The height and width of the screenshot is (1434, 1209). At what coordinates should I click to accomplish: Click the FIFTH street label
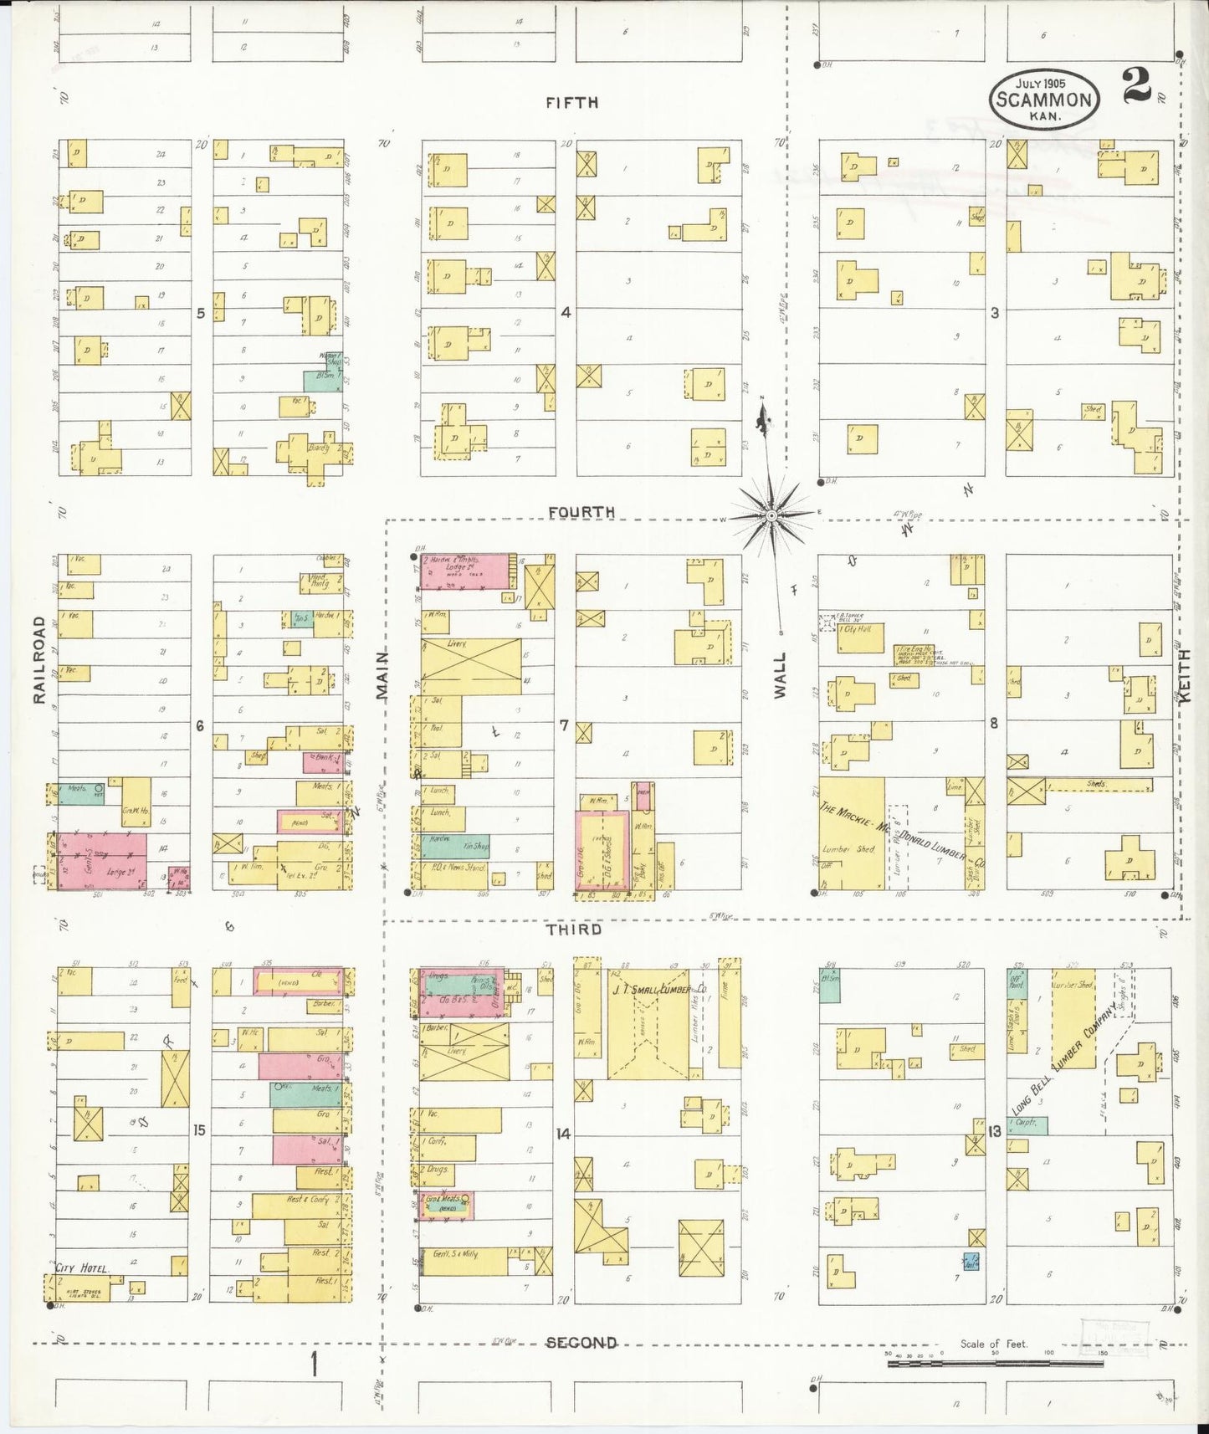(x=571, y=103)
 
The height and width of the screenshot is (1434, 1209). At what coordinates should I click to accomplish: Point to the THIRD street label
(x=573, y=930)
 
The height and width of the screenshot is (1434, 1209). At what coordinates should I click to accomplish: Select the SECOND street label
(x=581, y=1343)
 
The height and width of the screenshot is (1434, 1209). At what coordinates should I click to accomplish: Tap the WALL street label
(x=780, y=675)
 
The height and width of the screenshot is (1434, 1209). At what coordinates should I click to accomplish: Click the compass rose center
(x=771, y=516)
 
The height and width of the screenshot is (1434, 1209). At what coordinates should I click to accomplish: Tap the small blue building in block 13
(x=971, y=1262)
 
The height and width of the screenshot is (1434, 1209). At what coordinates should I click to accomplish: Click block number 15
(x=199, y=1130)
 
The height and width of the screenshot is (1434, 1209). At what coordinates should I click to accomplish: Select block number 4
(x=566, y=312)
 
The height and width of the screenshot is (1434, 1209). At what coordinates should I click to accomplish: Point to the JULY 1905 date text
(x=1043, y=85)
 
